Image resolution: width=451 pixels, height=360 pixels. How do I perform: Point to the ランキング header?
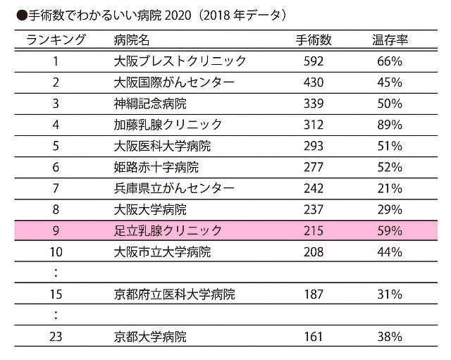56,39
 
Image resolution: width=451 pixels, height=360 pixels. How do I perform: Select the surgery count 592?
312,61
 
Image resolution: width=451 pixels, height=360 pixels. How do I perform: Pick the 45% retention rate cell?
389,82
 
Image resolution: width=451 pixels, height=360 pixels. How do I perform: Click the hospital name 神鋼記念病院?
150,104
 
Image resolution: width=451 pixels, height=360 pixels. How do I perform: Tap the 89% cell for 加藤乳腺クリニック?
389,125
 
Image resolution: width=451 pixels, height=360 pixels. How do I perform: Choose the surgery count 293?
312,146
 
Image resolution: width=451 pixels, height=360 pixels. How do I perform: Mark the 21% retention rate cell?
389,188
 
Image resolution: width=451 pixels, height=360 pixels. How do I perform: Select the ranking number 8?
56,209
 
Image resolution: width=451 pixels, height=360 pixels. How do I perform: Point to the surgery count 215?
312,230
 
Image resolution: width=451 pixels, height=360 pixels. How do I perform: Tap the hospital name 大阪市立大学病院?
162,252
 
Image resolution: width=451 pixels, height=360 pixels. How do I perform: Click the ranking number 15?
56,294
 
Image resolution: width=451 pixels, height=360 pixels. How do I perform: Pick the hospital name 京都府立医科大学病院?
174,294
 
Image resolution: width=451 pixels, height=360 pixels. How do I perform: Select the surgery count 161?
312,336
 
